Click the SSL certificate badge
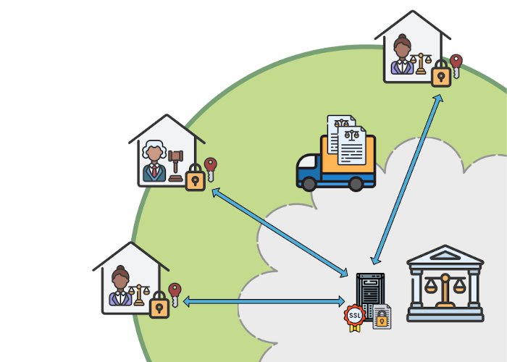coord(355,316)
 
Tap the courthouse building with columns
coord(445,283)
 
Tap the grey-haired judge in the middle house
coord(154,160)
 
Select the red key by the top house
coord(456,64)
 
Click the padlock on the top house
coord(440,74)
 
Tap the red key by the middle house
coord(210,168)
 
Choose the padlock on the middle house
coord(194,178)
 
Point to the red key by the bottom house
coord(174,293)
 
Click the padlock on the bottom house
coord(159,306)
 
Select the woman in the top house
coord(402,56)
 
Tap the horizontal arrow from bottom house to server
coord(264,301)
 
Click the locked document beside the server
coord(382,317)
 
